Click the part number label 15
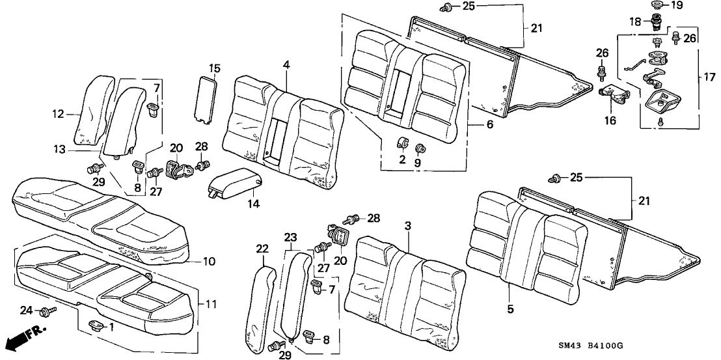pos(215,68)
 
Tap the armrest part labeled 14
pos(235,180)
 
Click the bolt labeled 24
pos(45,312)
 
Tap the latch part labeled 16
pos(614,95)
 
